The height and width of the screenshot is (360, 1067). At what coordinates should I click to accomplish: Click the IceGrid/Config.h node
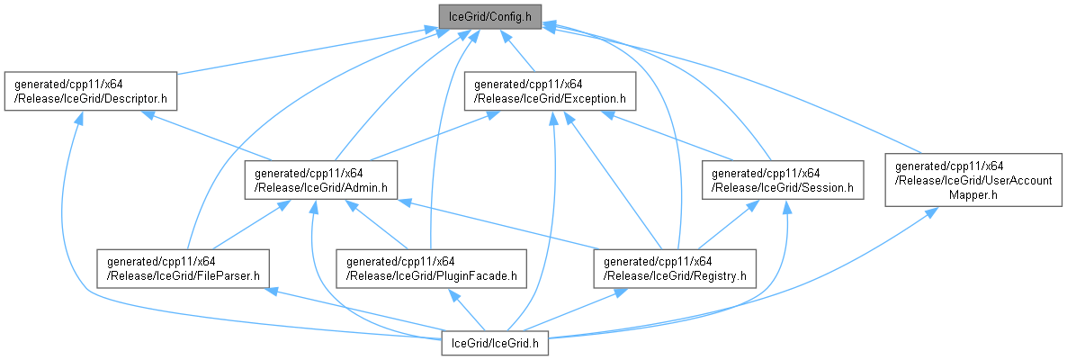(489, 16)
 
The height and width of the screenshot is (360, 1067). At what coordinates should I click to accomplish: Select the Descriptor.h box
(91, 90)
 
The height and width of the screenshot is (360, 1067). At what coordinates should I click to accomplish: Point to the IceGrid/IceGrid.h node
(494, 343)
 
